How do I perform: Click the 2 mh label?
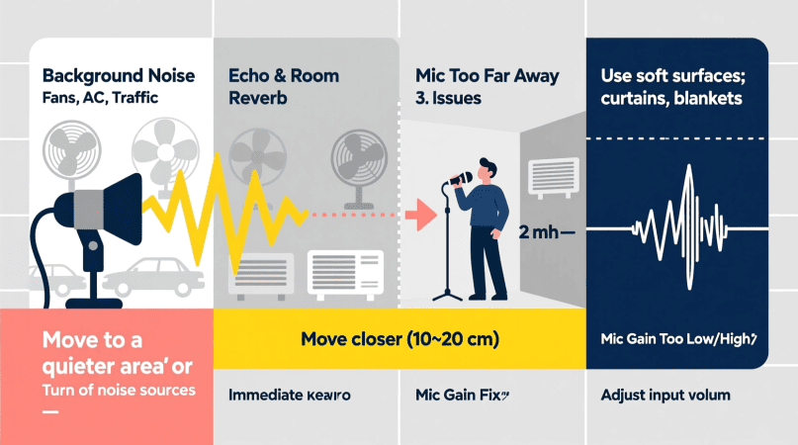pos(540,233)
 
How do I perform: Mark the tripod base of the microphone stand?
pos(451,293)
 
